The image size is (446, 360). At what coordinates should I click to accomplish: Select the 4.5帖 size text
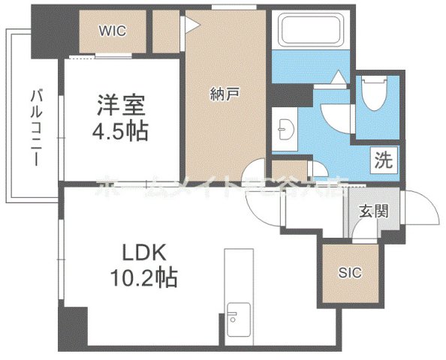click(x=120, y=132)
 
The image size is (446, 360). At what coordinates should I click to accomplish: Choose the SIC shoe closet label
click(x=351, y=272)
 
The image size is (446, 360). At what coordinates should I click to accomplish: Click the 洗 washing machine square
click(x=383, y=160)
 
